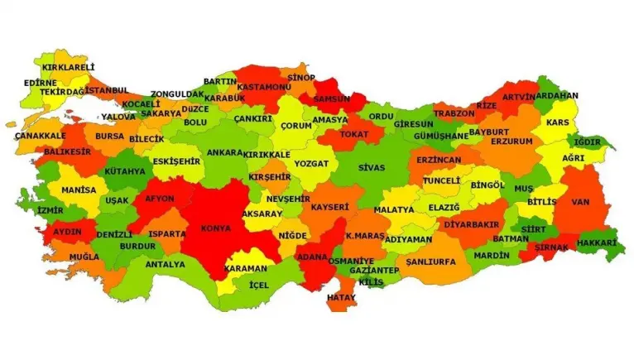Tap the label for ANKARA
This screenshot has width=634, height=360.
[x=224, y=153]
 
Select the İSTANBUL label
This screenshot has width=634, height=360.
[x=106, y=90]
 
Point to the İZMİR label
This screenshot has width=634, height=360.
[x=50, y=210]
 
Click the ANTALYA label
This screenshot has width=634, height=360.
[x=165, y=265]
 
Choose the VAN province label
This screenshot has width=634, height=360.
[x=579, y=201]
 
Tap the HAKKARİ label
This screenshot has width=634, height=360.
[x=597, y=242]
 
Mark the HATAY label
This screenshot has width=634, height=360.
[x=341, y=297]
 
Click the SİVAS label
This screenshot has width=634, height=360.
[x=371, y=167]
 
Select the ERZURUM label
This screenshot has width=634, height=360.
[x=512, y=142]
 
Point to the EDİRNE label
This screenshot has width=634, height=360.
[x=41, y=83]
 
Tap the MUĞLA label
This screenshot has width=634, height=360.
[x=84, y=257]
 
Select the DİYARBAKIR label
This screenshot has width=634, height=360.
[x=471, y=224]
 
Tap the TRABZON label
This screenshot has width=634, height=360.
[x=454, y=113]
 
